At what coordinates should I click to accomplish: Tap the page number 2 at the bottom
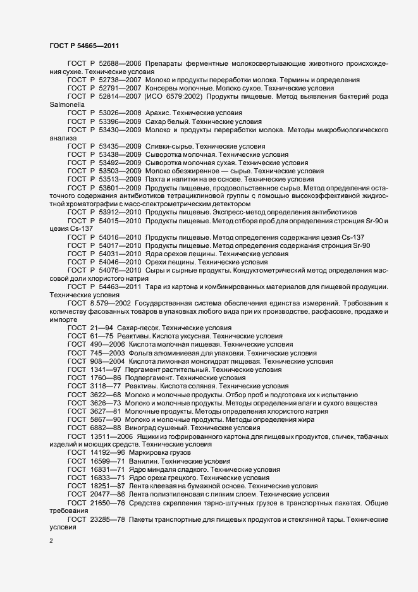(x=51, y=541)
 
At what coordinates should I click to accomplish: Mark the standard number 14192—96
(x=108, y=453)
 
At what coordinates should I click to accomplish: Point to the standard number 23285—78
(x=108, y=519)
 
